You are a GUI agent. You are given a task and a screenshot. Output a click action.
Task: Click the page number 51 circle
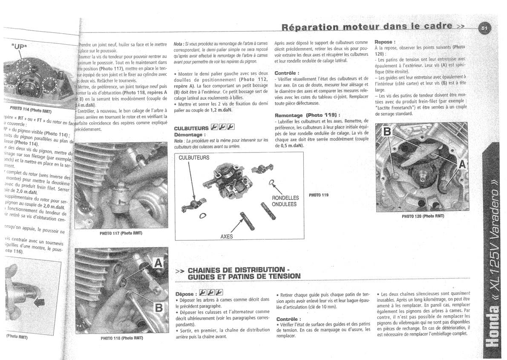[484, 28]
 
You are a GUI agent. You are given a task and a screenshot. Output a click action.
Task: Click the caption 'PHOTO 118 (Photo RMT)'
[121, 338]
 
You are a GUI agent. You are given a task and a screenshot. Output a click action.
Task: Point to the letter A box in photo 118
[156, 265]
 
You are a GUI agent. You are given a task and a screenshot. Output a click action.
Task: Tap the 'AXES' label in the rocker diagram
[226, 236]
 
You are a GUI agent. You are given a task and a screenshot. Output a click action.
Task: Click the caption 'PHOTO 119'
[319, 195]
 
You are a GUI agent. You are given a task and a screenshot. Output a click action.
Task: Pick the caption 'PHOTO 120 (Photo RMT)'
[423, 216]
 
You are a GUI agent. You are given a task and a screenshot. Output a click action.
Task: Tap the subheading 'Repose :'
[385, 42]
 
